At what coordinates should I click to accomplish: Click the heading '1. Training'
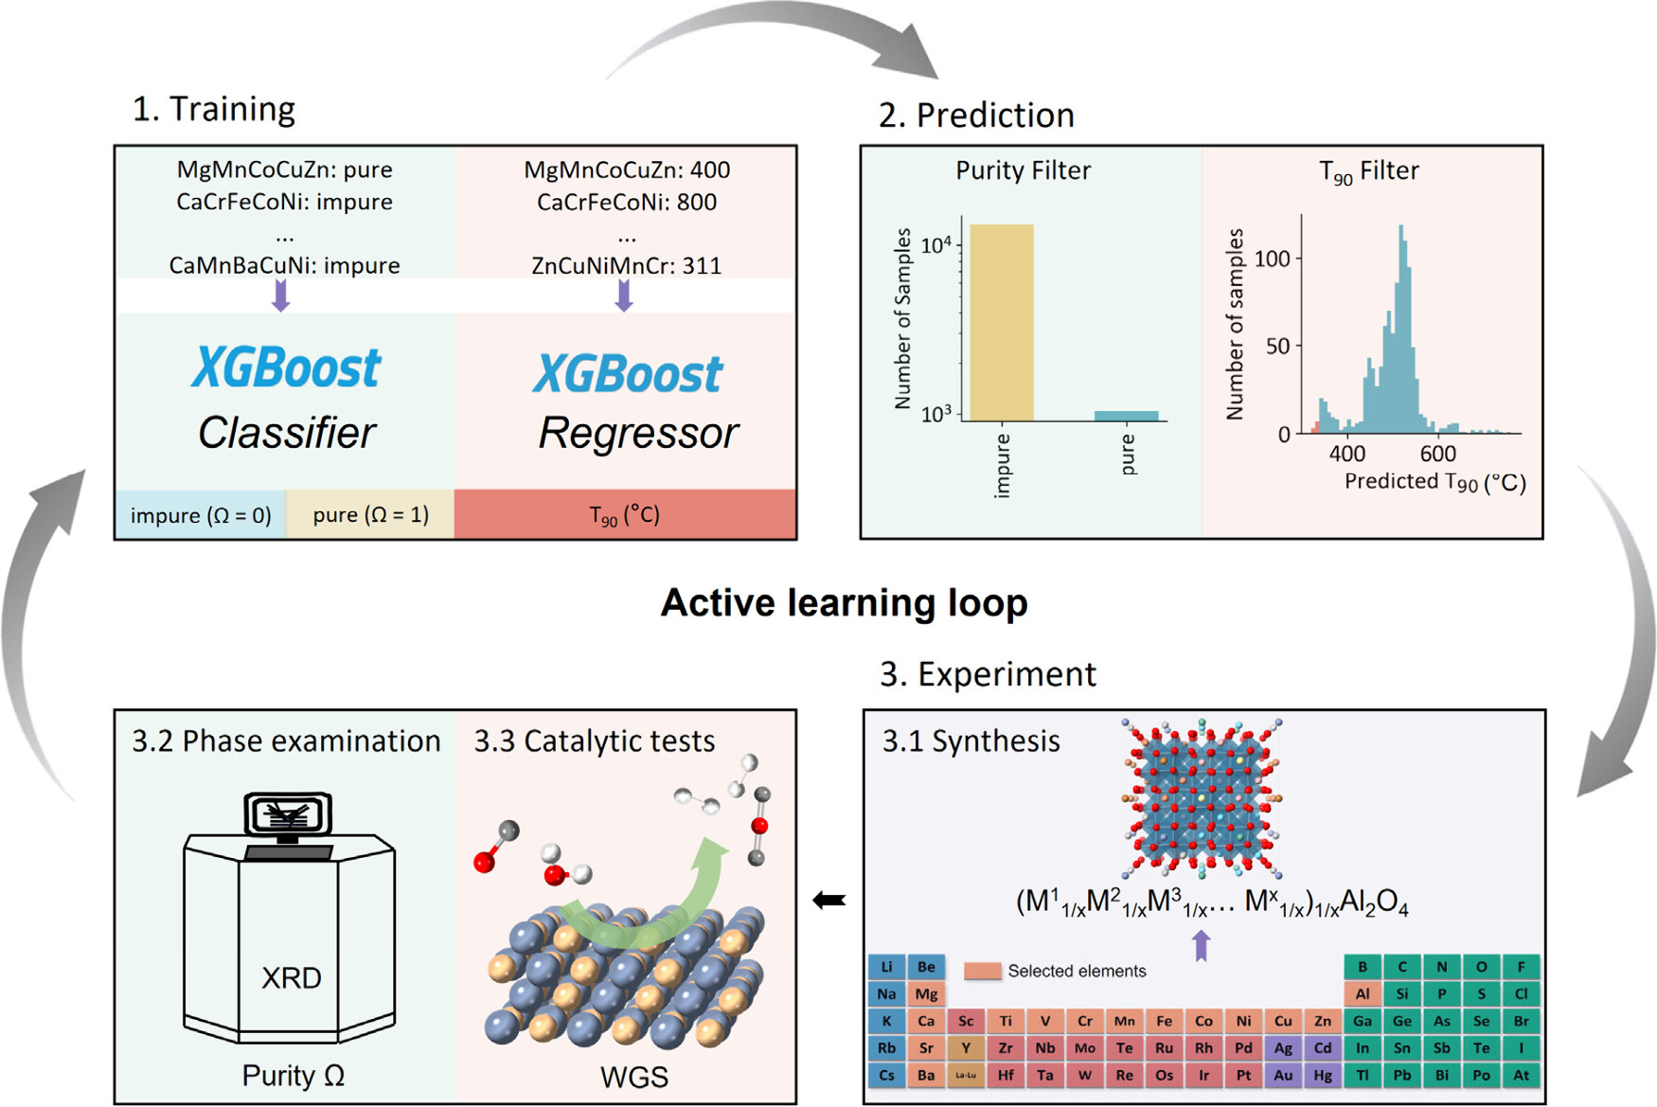[213, 109]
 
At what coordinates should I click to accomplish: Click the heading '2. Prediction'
[976, 115]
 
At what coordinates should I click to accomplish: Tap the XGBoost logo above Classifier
[286, 367]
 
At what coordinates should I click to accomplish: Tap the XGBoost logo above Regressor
[628, 373]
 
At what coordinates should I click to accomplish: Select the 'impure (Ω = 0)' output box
[201, 515]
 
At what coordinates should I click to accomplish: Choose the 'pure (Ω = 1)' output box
[370, 515]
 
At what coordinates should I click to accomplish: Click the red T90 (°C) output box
[625, 515]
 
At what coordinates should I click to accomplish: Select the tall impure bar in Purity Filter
[1002, 322]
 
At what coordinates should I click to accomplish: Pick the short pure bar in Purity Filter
[1126, 416]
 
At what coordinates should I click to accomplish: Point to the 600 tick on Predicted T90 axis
[1437, 454]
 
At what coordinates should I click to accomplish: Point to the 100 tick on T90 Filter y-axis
[1272, 259]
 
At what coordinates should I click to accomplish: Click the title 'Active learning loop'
[844, 603]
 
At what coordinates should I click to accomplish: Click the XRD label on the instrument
[291, 977]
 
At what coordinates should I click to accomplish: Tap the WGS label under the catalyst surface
[633, 1077]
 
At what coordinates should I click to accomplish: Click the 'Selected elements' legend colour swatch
[983, 971]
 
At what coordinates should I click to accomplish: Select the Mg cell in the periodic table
[926, 994]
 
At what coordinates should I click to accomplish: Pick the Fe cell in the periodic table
[1164, 1021]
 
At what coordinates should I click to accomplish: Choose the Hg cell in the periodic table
[1323, 1075]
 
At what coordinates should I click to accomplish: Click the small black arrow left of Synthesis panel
[829, 901]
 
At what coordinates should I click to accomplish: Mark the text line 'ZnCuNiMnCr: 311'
[626, 265]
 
